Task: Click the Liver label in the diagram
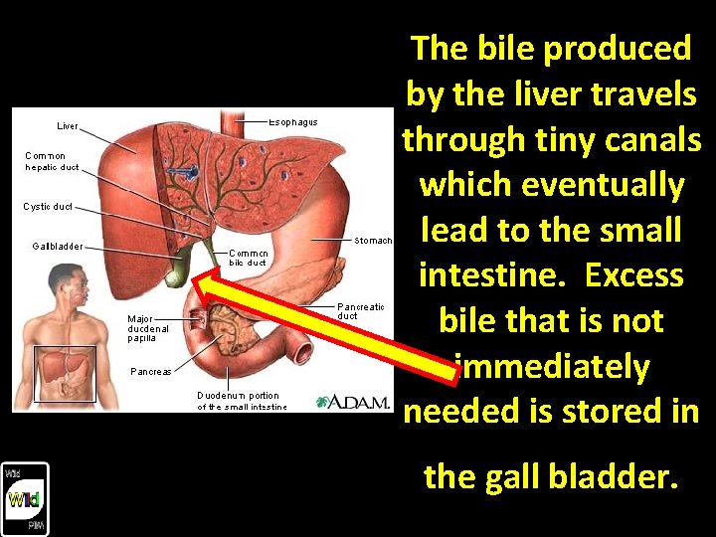click(x=68, y=126)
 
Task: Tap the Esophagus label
click(x=293, y=122)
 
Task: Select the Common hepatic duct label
click(x=52, y=161)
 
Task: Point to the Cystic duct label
click(x=47, y=207)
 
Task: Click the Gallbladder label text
click(x=58, y=246)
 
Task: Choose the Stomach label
click(x=374, y=241)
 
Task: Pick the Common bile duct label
click(x=248, y=258)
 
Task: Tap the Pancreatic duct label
click(x=361, y=310)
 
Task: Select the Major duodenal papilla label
click(x=148, y=328)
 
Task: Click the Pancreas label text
click(x=151, y=372)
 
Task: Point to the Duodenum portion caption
click(x=242, y=401)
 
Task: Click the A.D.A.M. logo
click(x=353, y=402)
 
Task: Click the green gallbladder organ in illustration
click(x=177, y=267)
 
